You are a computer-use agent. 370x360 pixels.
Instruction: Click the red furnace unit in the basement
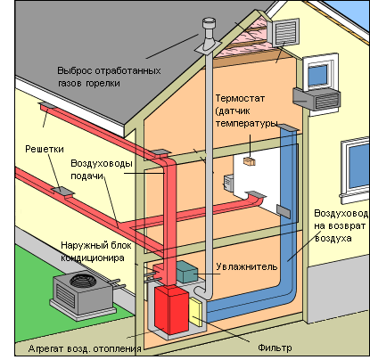[x=171, y=309]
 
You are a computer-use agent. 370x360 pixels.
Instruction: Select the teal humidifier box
[x=187, y=272]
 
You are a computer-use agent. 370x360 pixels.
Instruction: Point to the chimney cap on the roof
[x=209, y=23]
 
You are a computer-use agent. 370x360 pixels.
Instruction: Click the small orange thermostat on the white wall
[x=250, y=161]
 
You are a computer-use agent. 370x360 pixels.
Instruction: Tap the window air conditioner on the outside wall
[x=317, y=98]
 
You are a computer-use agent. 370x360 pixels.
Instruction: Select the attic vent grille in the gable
[x=284, y=31]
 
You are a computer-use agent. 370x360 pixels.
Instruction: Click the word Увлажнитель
[x=246, y=266]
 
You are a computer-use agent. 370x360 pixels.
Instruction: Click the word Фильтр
[x=275, y=348]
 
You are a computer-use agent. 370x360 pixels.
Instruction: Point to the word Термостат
[x=240, y=98]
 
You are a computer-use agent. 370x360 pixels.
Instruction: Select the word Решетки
[x=45, y=149]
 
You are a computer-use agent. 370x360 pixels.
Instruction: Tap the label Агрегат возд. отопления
[x=85, y=348]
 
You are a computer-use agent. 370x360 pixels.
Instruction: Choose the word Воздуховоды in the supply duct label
[x=102, y=163]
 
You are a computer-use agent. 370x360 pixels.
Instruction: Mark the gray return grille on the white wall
[x=284, y=211]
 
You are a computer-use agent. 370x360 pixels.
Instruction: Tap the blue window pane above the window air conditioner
[x=317, y=75]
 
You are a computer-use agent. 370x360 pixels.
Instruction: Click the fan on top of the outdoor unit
[x=83, y=279]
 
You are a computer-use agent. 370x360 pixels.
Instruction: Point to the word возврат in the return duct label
[x=346, y=225]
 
